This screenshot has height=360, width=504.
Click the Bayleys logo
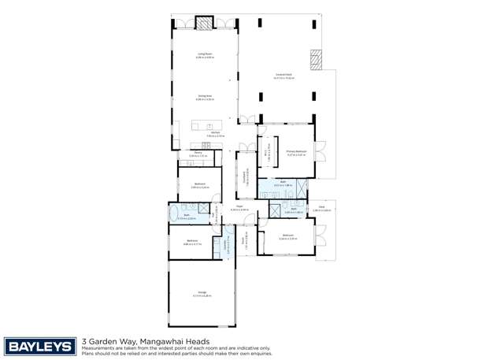click(x=40, y=347)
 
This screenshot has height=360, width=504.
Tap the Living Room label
click(x=205, y=55)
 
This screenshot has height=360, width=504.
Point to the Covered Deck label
click(x=283, y=76)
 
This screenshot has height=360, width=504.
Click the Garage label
click(x=201, y=294)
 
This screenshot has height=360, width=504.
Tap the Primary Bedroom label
click(x=297, y=154)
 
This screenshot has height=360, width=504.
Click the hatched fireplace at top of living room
click(x=205, y=24)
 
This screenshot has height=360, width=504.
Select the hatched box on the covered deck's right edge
click(x=317, y=60)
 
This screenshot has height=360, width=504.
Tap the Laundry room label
click(x=226, y=245)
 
